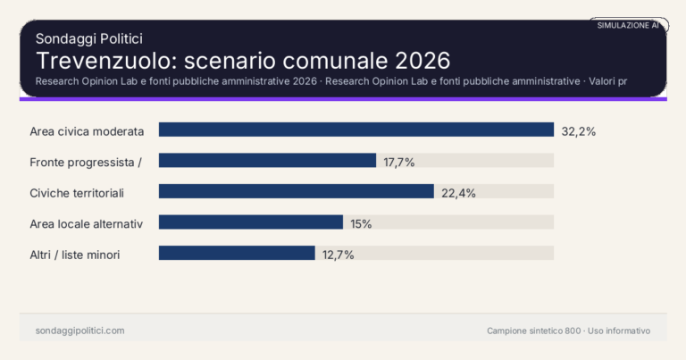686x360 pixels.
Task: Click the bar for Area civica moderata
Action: (x=356, y=130)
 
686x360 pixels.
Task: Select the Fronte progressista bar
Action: (x=267, y=161)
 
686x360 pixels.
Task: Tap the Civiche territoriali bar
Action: (x=296, y=191)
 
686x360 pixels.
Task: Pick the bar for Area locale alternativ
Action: (x=251, y=222)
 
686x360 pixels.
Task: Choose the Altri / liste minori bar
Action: (x=237, y=253)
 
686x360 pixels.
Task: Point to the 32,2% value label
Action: (x=578, y=130)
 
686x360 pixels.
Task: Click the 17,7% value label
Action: (x=399, y=162)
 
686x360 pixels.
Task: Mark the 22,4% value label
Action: (x=458, y=192)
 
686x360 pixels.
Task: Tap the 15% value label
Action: (x=361, y=223)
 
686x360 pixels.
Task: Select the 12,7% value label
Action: (x=339, y=254)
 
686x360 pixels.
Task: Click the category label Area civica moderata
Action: (x=87, y=130)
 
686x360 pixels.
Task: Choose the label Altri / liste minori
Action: (x=75, y=254)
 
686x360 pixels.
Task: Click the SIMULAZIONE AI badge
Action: (x=628, y=26)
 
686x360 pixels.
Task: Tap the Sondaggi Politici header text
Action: (x=89, y=38)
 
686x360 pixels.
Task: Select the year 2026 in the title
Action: (x=418, y=61)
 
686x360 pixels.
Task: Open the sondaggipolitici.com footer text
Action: (x=79, y=331)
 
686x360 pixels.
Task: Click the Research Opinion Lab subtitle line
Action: (x=330, y=81)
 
